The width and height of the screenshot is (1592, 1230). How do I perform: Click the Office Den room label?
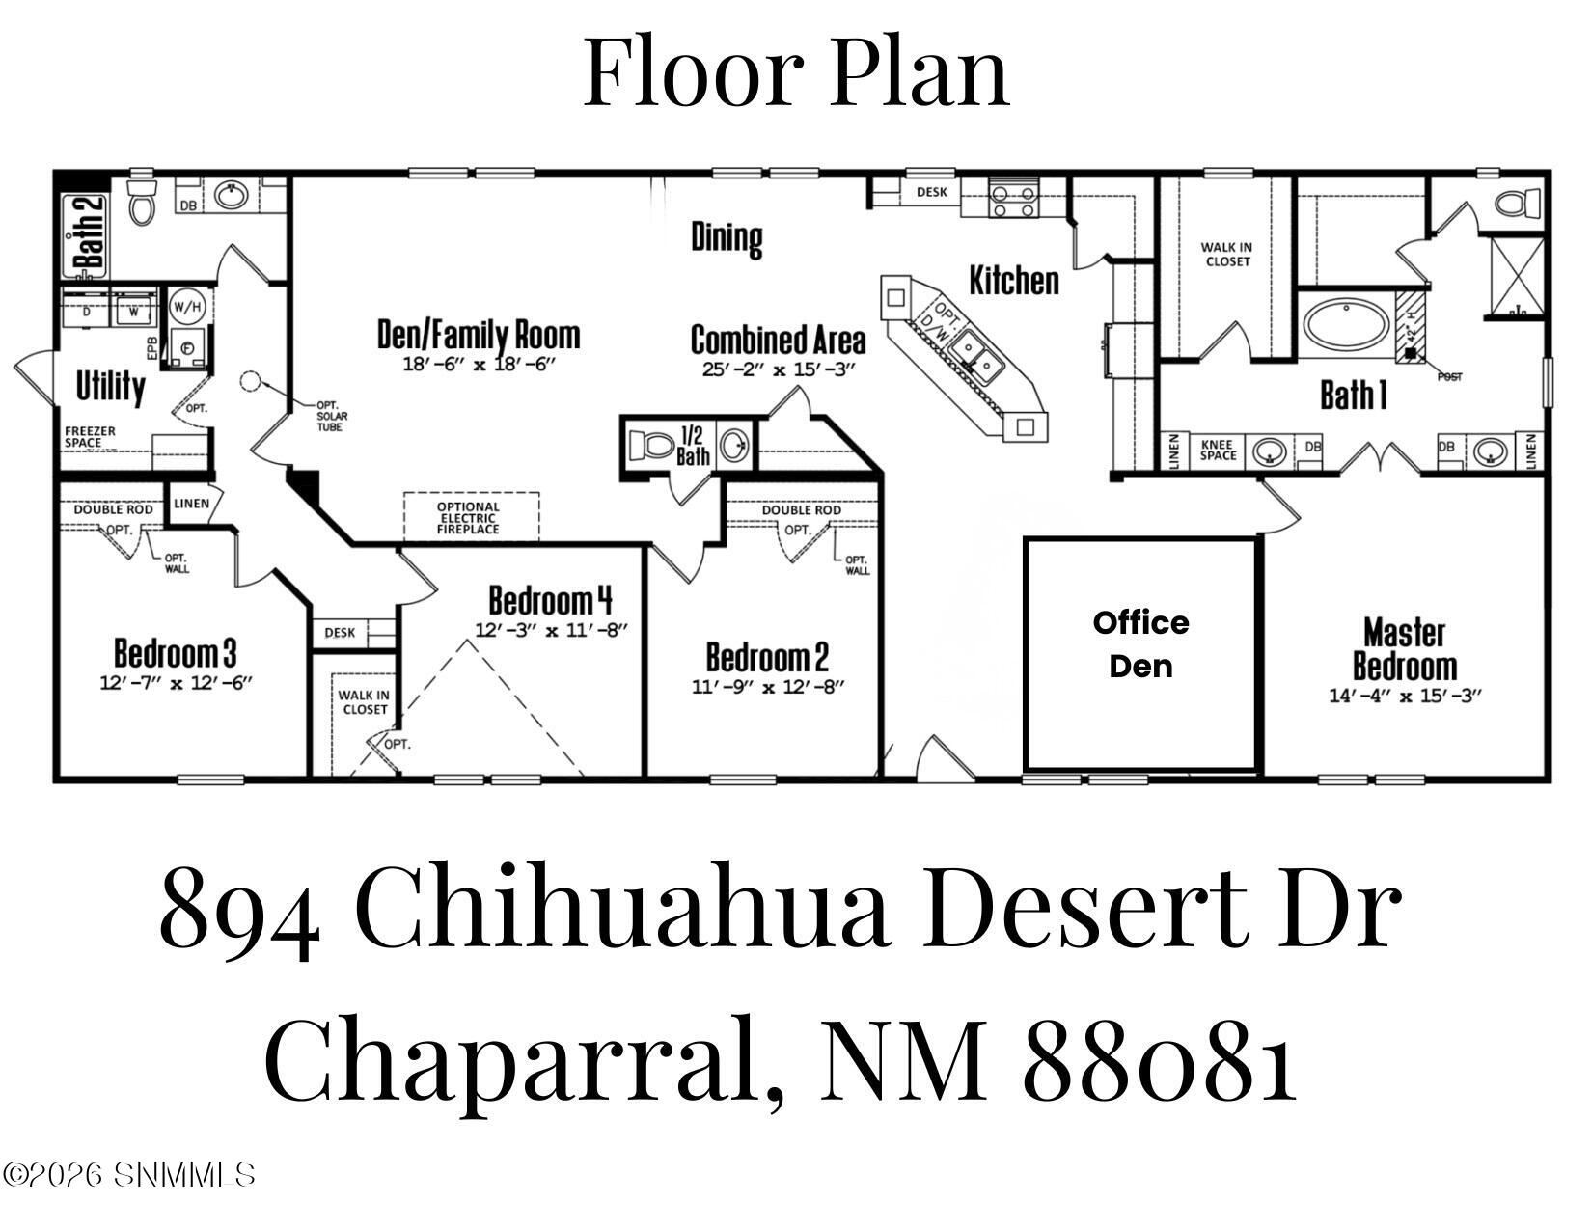pyautogui.click(x=1140, y=644)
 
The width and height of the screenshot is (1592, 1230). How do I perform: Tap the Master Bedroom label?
pyautogui.click(x=1404, y=650)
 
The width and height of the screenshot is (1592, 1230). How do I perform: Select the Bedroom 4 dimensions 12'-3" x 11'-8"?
pyautogui.click(x=551, y=631)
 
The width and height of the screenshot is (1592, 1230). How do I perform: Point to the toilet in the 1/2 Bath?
pyautogui.click(x=652, y=446)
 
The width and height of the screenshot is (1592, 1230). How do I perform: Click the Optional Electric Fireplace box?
pyautogui.click(x=470, y=518)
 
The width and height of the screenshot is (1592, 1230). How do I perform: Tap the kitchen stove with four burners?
pyautogui.click(x=1013, y=201)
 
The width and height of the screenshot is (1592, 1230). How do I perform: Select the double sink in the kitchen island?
pyautogui.click(x=975, y=353)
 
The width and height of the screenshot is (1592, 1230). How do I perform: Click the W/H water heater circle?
pyautogui.click(x=187, y=307)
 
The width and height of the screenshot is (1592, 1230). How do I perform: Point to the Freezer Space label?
pyautogui.click(x=90, y=437)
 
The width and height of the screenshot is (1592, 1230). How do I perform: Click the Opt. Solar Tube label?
pyautogui.click(x=330, y=416)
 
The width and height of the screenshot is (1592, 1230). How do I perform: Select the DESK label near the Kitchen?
pyautogui.click(x=931, y=192)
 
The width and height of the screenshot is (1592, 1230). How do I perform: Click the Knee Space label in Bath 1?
pyautogui.click(x=1219, y=450)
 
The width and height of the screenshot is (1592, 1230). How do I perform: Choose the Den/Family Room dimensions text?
pyautogui.click(x=479, y=365)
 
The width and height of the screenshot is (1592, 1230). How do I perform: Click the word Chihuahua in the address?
pyautogui.click(x=621, y=909)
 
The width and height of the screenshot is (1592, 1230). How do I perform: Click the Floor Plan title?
pyautogui.click(x=796, y=70)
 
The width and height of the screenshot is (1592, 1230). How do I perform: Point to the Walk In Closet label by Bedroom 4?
pyautogui.click(x=363, y=702)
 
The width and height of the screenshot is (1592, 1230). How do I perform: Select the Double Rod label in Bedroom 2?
pyautogui.click(x=801, y=510)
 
